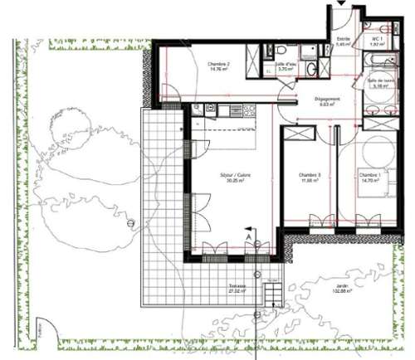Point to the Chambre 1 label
(369, 174)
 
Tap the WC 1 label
(376, 39)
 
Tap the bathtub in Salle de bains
(383, 64)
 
